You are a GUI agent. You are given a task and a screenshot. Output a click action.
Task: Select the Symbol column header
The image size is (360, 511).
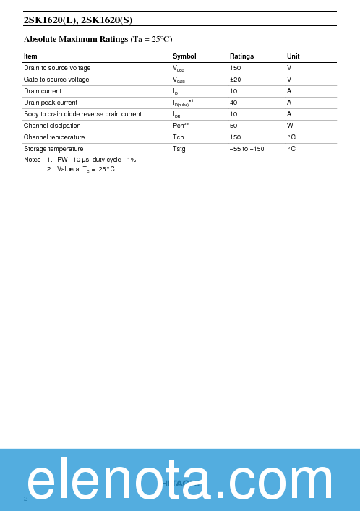pos(184,56)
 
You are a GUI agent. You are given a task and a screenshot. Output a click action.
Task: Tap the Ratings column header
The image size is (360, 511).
pos(241,56)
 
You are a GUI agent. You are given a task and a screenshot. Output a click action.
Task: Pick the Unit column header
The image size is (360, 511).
pos(293,56)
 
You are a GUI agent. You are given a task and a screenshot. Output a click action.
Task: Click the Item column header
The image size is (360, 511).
pos(30,56)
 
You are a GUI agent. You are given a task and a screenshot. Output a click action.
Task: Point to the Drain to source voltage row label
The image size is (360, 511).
pos(57,68)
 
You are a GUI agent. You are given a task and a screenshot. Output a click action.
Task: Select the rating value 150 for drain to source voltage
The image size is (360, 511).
pos(235,68)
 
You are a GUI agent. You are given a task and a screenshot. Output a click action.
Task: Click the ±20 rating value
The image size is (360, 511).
pos(235,80)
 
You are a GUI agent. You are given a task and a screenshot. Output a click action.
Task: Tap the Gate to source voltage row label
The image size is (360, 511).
pos(56,80)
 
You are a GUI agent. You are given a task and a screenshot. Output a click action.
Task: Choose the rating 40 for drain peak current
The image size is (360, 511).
pos(233,103)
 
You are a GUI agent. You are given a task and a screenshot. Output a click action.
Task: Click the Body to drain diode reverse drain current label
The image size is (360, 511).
pos(82,114)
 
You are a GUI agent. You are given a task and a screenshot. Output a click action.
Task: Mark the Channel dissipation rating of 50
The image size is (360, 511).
pos(233,126)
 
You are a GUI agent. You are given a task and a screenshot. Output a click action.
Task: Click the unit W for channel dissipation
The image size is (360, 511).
pos(290,126)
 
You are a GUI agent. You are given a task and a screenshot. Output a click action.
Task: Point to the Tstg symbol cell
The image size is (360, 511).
pos(179,149)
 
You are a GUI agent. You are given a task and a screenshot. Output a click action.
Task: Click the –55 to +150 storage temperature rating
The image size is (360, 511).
pos(247,149)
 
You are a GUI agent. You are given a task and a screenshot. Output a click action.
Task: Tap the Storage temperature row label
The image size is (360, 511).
pos(54,149)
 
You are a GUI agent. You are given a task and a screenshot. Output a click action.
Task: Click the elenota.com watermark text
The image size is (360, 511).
pos(180,481)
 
